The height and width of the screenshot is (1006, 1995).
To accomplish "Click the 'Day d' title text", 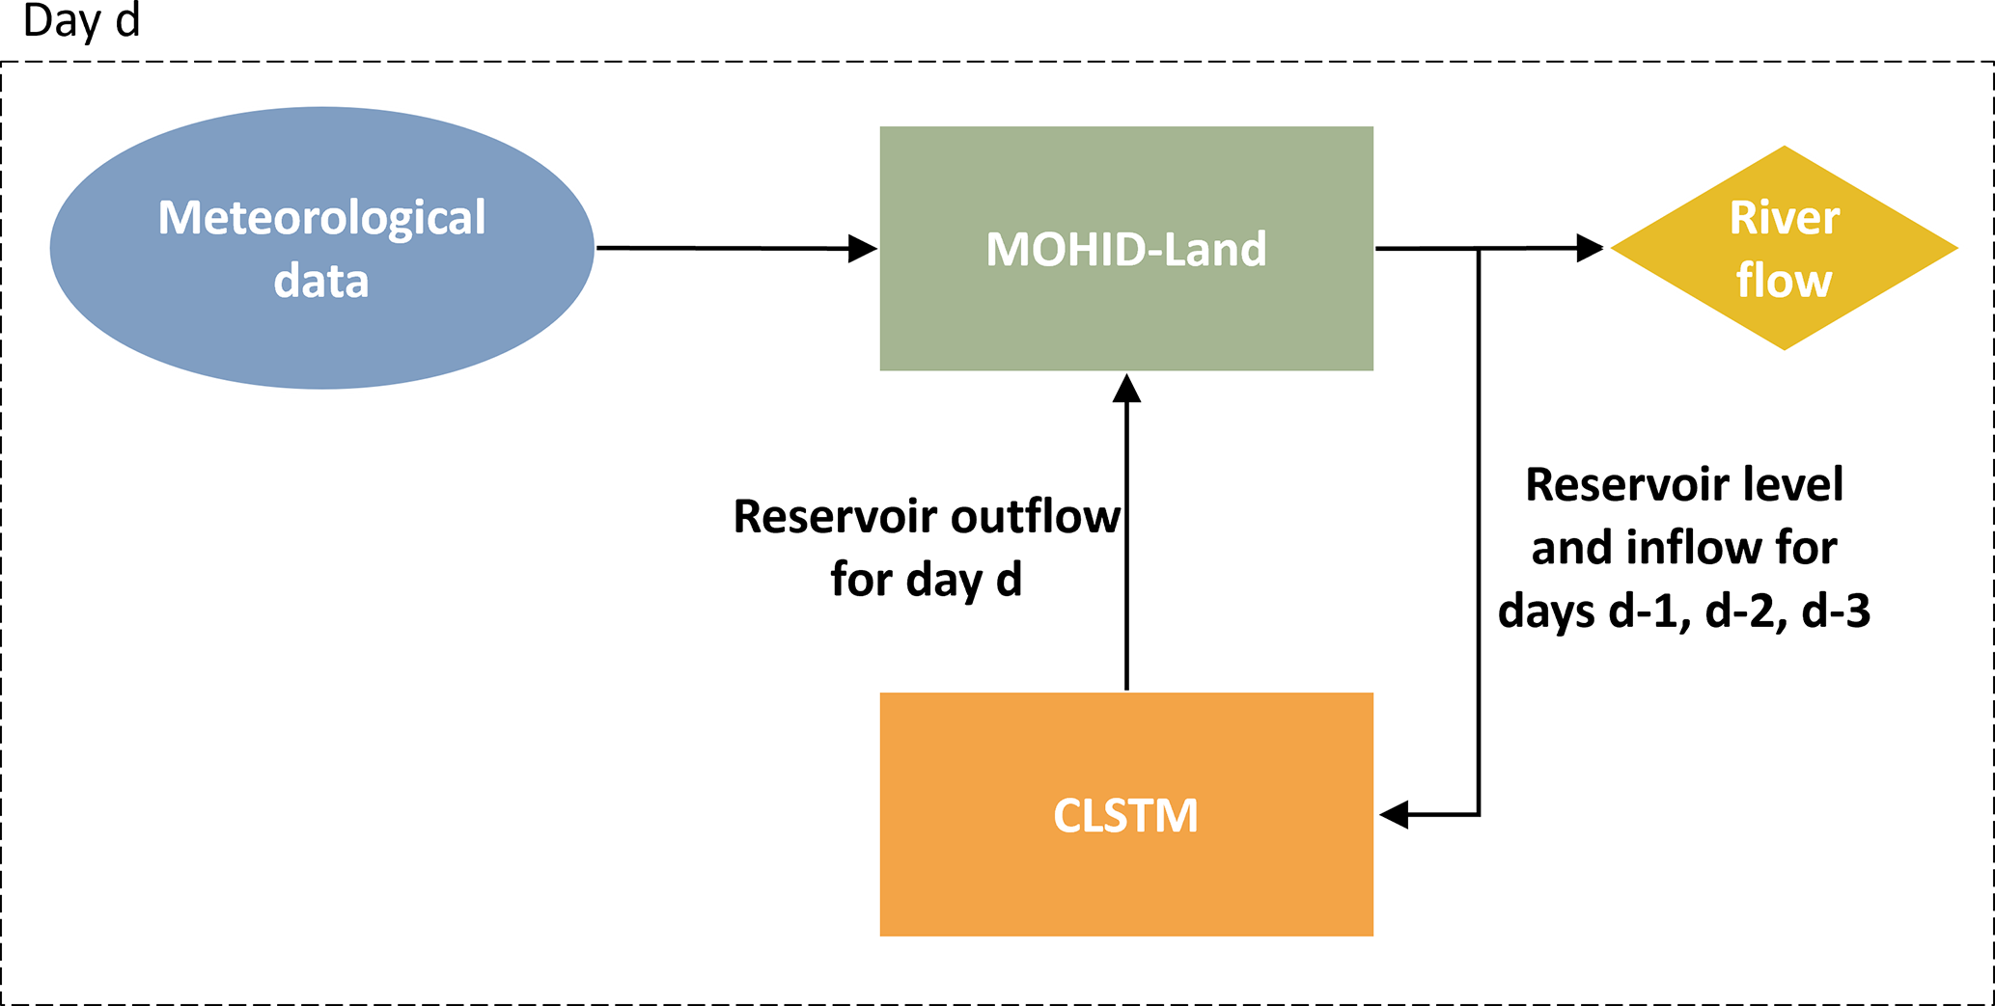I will coord(81,21).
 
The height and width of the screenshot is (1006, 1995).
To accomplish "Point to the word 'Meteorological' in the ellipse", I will coord(321,218).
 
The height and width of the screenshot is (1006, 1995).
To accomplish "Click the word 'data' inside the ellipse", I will coord(321,281).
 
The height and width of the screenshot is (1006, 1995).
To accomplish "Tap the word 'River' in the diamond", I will coord(1784,218).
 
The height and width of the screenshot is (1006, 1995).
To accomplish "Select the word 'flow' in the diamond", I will coord(1784,281).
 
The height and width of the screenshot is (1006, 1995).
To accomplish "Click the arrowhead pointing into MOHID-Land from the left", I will coord(862,249).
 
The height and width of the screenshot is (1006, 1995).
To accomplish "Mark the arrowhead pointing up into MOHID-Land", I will coord(1126,388).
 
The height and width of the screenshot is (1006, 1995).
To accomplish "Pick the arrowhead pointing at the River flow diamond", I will coord(1589,249).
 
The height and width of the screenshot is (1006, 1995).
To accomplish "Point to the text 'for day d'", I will coord(926,580).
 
